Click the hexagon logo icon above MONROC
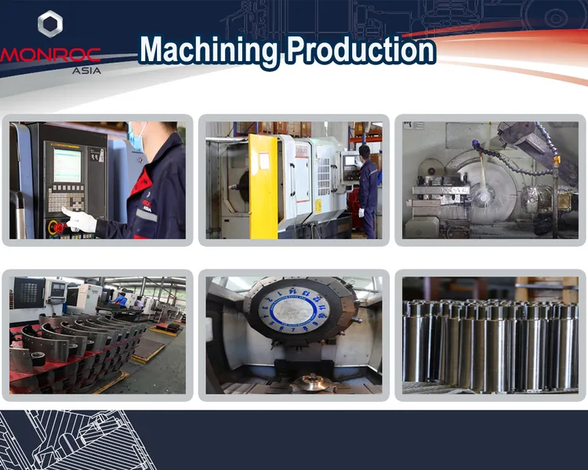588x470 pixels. coord(50,23)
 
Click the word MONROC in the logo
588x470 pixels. coord(50,55)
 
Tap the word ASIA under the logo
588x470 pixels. coord(86,70)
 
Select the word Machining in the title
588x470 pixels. coord(208,50)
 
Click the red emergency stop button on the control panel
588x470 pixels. coord(60,226)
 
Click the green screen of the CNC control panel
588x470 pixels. coord(67,165)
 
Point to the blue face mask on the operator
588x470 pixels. coord(136,137)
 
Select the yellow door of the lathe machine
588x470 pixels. coord(263,186)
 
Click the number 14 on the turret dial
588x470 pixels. coord(293,291)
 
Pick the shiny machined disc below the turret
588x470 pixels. coord(311,383)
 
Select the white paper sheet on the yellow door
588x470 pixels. coord(264,161)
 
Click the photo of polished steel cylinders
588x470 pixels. coord(490,335)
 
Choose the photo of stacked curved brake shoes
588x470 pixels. coord(97,335)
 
